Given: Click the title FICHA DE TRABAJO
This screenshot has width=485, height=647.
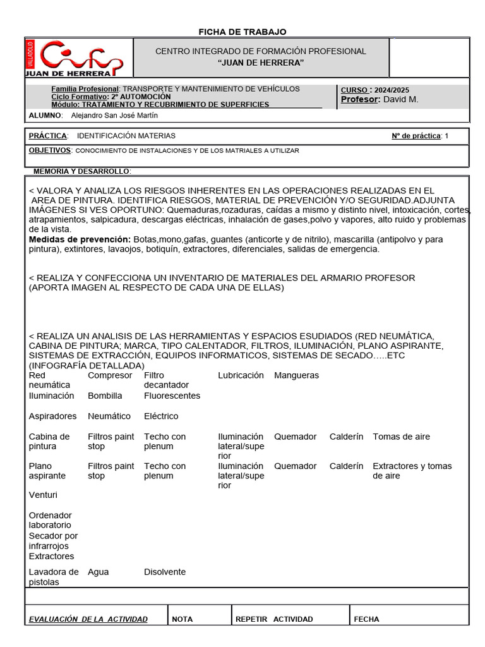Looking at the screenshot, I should tap(242, 32).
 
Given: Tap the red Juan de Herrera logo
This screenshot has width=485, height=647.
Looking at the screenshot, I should tap(75, 57).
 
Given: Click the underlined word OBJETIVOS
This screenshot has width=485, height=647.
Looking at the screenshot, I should tap(50, 150).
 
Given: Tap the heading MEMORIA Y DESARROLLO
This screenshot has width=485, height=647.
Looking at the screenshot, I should tap(82, 171).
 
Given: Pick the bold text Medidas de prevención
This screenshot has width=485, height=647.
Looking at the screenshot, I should tap(80, 239).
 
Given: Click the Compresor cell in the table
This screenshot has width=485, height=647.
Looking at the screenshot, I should tap(110, 375).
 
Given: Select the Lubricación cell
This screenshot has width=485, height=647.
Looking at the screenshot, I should tap(241, 375).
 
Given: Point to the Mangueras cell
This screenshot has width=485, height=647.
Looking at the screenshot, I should tap(296, 375).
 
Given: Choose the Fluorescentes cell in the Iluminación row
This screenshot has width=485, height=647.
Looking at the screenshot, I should tap(172, 396).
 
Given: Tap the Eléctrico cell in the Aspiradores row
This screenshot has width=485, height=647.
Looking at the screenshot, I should tap(161, 416).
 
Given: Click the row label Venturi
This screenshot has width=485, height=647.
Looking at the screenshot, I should tap(43, 495).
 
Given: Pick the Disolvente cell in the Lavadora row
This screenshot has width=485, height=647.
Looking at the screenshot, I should tap(165, 572).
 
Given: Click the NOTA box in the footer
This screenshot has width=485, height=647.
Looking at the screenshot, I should tap(183, 619).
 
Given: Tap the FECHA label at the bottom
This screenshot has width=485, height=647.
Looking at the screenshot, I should tap(366, 619).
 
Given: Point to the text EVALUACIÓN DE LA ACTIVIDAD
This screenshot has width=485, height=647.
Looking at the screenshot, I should tap(88, 619).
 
